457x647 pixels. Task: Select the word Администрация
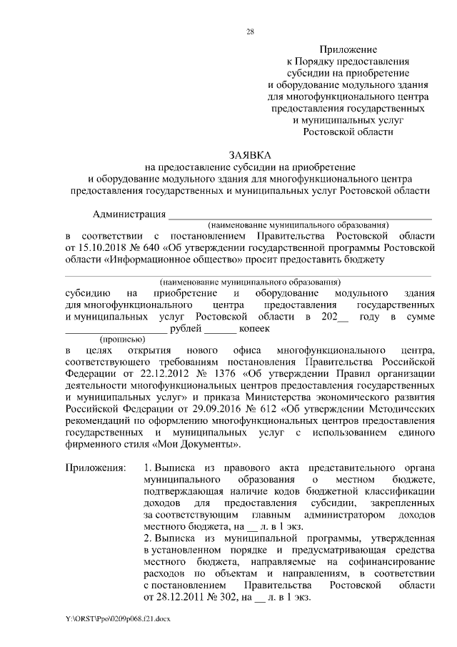coord(129,214)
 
